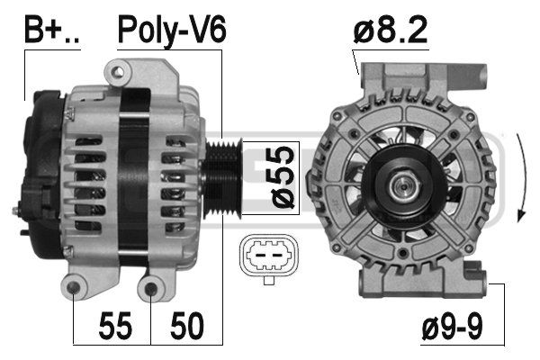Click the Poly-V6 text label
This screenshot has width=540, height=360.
tap(172, 31)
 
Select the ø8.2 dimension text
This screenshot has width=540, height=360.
tap(391, 30)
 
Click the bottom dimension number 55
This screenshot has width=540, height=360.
tap(115, 326)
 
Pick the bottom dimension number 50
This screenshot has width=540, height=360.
tap(187, 326)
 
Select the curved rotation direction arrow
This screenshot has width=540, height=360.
tap(524, 177)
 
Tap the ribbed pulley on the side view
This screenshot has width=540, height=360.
tap(223, 178)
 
